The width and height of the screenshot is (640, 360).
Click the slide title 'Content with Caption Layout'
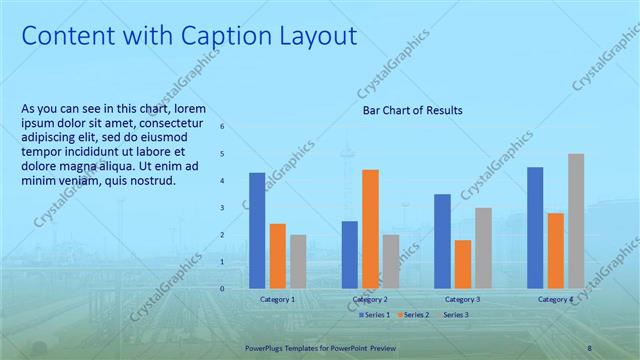pos(189,37)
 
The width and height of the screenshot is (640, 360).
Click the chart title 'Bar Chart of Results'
pos(412,110)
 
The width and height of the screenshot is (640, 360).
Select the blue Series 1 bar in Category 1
pos(257,230)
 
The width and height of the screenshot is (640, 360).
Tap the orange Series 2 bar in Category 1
pos(277,255)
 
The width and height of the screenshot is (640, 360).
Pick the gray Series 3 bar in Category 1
pos(297,261)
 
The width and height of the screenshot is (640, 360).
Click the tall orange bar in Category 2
pos(370,228)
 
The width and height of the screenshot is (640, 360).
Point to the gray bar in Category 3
pos(482,247)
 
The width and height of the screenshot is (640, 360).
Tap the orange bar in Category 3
pos(462,263)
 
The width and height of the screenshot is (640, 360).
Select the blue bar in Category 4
pos(535,227)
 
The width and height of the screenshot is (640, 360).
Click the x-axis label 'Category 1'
pos(277,299)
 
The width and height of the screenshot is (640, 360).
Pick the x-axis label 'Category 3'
pos(462,299)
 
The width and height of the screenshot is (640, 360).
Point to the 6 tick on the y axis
pos(222,127)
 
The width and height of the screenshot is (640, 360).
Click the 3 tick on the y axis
pos(222,207)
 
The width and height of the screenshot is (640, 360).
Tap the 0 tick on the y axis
pos(222,288)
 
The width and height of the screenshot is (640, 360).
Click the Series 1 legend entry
pos(374,315)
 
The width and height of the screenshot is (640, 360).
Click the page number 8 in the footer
pos(589,347)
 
